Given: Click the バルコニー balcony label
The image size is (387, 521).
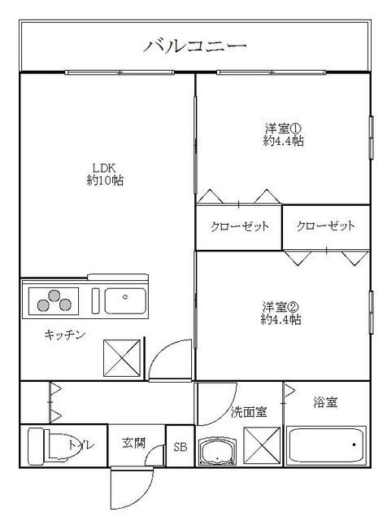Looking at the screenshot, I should tap(195, 46).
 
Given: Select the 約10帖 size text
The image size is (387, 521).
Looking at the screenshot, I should tap(104, 180).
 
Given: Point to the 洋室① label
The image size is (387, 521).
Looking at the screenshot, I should tap(283, 128).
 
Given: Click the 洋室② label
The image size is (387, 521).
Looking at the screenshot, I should tap(282, 307).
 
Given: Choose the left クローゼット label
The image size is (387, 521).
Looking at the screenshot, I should tap(239, 226).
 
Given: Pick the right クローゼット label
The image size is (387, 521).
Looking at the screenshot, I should tap(326, 226).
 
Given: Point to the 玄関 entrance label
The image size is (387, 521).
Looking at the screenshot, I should tap(134, 444).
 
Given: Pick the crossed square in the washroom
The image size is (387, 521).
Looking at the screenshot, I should tap(262, 446).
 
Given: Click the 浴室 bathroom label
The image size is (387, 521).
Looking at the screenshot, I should tap(324, 402).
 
